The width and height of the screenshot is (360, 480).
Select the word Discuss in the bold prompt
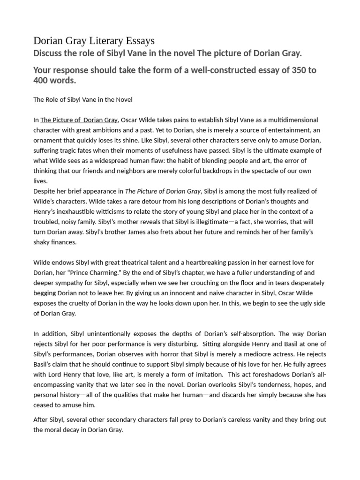click(x=48, y=53)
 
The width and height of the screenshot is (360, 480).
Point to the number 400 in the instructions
click(x=42, y=81)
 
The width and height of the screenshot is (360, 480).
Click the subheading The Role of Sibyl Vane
click(x=82, y=99)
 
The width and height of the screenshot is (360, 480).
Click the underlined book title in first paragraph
click(x=79, y=120)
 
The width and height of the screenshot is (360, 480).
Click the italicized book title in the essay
click(x=163, y=191)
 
